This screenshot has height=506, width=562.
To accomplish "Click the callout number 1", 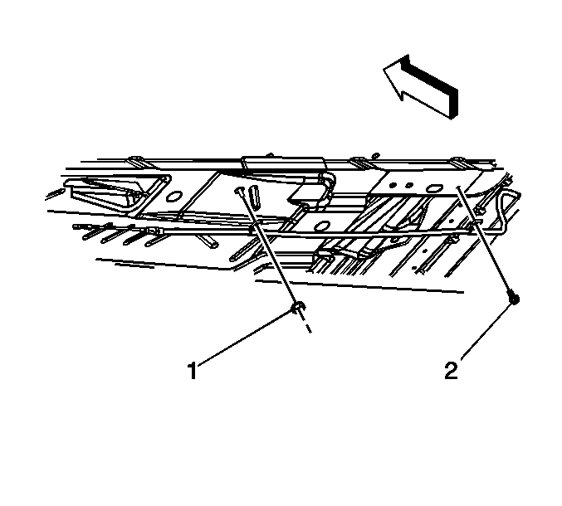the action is coord(193,370).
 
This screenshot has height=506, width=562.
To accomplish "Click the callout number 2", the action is coord(452,370).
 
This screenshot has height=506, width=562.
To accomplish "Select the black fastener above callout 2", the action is coord(514,299).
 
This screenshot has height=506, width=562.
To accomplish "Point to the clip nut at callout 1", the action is coord(298,307).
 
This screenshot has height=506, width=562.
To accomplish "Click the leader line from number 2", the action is coord(486,330).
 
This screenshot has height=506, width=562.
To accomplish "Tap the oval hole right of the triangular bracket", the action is coord(174,197).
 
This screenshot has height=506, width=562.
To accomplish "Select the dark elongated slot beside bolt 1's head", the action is coord(254,197).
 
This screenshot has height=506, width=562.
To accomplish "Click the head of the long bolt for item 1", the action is coord(239,191).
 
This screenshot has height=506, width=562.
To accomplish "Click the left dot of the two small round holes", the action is coord(393,186).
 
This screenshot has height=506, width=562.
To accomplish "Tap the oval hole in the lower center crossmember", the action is coord(323,226).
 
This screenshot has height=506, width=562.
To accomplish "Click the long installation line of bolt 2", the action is coord(485,240).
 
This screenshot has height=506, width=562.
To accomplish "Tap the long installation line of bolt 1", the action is coord(267,248).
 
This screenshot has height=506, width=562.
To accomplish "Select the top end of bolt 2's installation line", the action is coord(457,187).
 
